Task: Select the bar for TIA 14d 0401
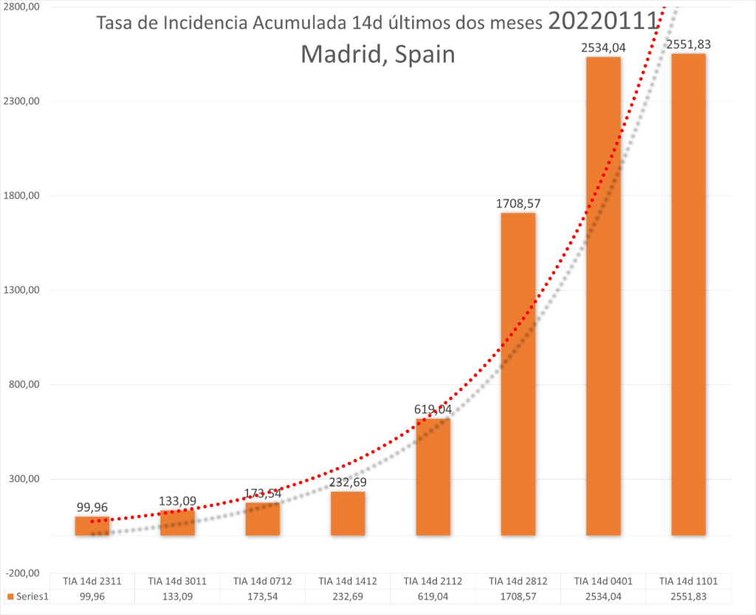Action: tap(603, 296)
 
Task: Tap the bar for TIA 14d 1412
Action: tap(348, 513)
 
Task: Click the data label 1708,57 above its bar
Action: tap(518, 203)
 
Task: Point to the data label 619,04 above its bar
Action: tap(433, 409)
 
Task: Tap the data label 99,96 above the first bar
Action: tap(92, 507)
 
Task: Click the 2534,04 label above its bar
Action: tap(603, 47)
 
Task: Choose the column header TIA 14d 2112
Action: tap(433, 582)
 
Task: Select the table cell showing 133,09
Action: tap(178, 596)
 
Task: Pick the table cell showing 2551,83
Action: tap(688, 596)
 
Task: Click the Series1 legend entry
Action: tap(27, 597)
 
